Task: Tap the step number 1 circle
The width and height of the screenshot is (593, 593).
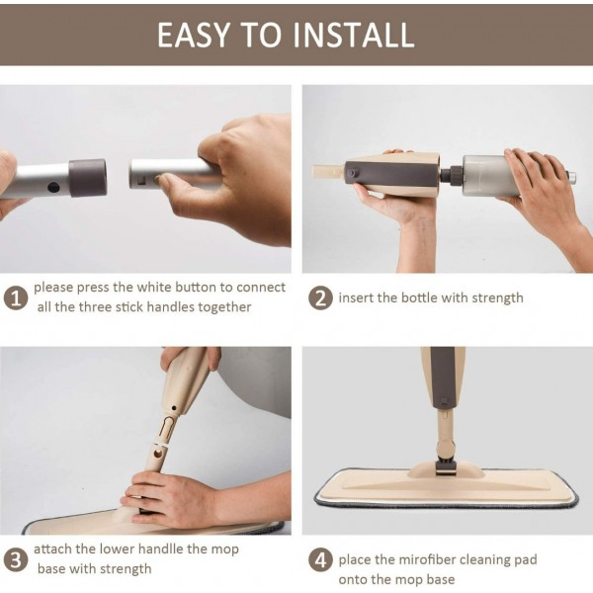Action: pos(15,297)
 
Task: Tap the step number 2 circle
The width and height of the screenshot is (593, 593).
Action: pos(320,297)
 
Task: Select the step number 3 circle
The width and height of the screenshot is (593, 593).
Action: pos(15,559)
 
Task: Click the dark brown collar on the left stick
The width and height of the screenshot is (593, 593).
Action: pos(87,177)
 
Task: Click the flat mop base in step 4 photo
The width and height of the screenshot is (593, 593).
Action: pos(445,484)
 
